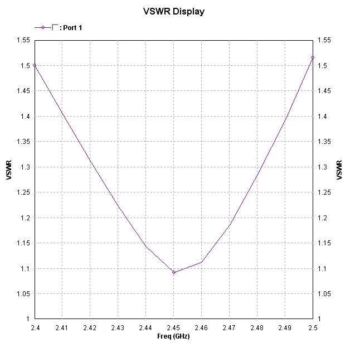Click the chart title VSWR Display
pos(173,11)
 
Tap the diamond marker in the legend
pos(43,27)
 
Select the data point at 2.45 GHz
pos(174,272)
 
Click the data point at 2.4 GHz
pos(35,65)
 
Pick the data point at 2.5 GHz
pos(313,57)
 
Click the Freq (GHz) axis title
pos(173,336)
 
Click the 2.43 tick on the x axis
pos(118,328)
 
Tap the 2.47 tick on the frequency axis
pos(229,328)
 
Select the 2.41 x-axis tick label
pos(62,328)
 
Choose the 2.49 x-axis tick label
pos(285,328)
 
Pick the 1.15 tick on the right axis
pos(323,243)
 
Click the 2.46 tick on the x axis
pos(201,328)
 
